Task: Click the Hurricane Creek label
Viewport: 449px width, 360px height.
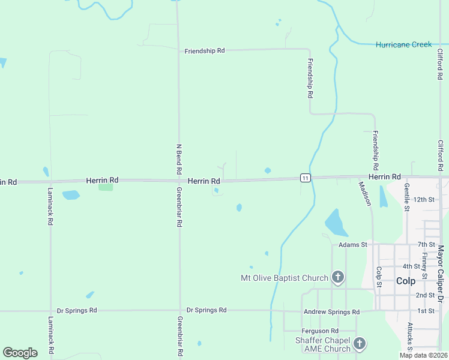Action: click(x=403, y=44)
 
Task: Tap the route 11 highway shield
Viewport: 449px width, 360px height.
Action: click(x=306, y=178)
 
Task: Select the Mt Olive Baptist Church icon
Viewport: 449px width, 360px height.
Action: click(x=338, y=277)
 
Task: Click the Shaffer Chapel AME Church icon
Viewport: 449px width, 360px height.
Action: click(x=360, y=344)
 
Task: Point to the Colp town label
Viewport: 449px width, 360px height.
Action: click(x=406, y=280)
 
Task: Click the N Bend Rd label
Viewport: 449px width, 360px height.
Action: click(x=179, y=155)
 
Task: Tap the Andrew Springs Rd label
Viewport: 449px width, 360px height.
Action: click(x=331, y=312)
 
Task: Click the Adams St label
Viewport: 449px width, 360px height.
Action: click(x=352, y=245)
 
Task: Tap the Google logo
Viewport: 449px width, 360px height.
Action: click(x=20, y=353)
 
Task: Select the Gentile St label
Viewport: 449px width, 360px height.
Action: click(x=407, y=198)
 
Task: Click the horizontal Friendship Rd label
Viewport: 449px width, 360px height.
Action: click(x=204, y=51)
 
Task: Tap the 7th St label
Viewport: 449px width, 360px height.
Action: click(x=426, y=245)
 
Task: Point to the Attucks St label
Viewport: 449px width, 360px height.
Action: click(x=410, y=336)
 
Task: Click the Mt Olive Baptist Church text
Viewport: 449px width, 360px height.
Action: click(x=284, y=278)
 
